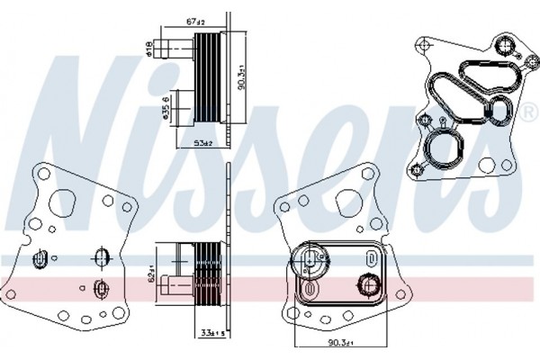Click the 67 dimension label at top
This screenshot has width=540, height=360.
[x=194, y=20]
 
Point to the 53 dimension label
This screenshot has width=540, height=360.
[x=202, y=142]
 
